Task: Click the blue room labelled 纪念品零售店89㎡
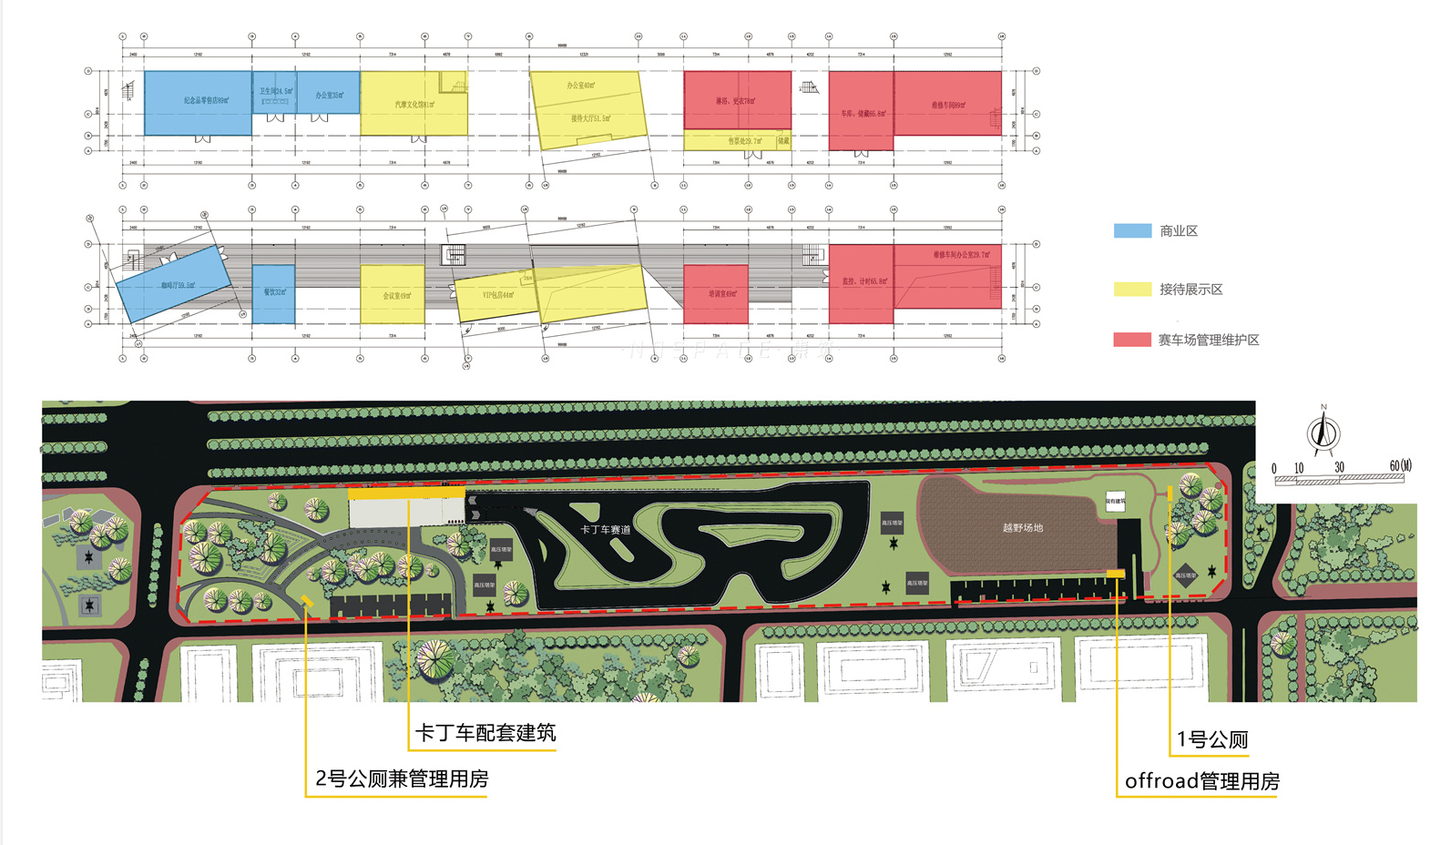pos(198,103)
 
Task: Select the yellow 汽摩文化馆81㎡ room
pos(414,104)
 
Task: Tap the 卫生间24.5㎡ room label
pos(276,91)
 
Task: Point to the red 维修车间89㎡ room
pos(947,104)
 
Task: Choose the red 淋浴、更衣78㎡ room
pos(737,100)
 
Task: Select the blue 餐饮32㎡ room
pos(273,293)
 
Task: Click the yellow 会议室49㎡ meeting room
pos(393,295)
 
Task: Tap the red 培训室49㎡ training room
pos(716,294)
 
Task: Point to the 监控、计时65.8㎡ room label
pos(864,281)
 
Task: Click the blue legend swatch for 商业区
pos(1132,231)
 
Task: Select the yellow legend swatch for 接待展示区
pos(1132,290)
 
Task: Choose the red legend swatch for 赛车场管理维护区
pos(1132,340)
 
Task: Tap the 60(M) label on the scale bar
pos(1400,466)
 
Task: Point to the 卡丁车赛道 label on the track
pos(606,530)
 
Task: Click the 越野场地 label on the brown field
pos(1022,528)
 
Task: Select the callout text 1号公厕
pos(1212,739)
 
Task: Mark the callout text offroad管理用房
pos(1201,781)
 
